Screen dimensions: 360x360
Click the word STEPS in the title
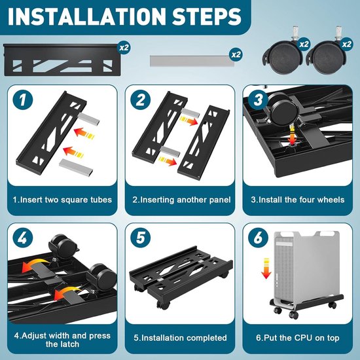coord(206,16)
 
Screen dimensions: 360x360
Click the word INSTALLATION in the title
coord(86,16)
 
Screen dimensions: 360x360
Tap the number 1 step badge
coord(23,100)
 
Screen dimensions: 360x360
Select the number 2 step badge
coord(141,100)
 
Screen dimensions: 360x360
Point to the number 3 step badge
coord(259,100)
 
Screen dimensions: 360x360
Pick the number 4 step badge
coord(23,238)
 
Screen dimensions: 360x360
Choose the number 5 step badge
coord(141,238)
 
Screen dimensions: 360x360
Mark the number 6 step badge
coord(259,238)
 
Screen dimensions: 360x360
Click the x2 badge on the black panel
coord(124,48)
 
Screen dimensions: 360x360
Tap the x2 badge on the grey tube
coord(236,54)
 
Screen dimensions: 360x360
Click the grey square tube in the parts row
coord(192,61)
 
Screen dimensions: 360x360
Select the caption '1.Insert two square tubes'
coord(62,200)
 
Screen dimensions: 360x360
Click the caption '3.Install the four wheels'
coord(298,200)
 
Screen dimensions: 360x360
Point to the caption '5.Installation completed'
coord(180,338)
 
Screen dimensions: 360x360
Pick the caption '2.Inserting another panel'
coord(181,200)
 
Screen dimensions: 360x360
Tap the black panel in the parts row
coord(61,60)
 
